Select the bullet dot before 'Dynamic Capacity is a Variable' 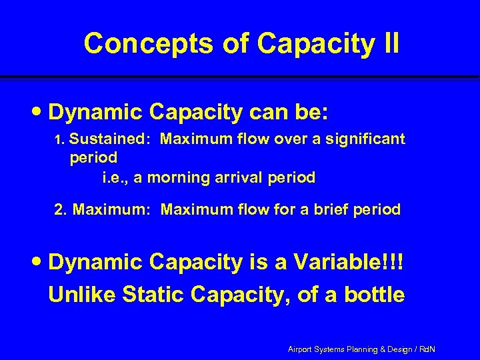(41, 263)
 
